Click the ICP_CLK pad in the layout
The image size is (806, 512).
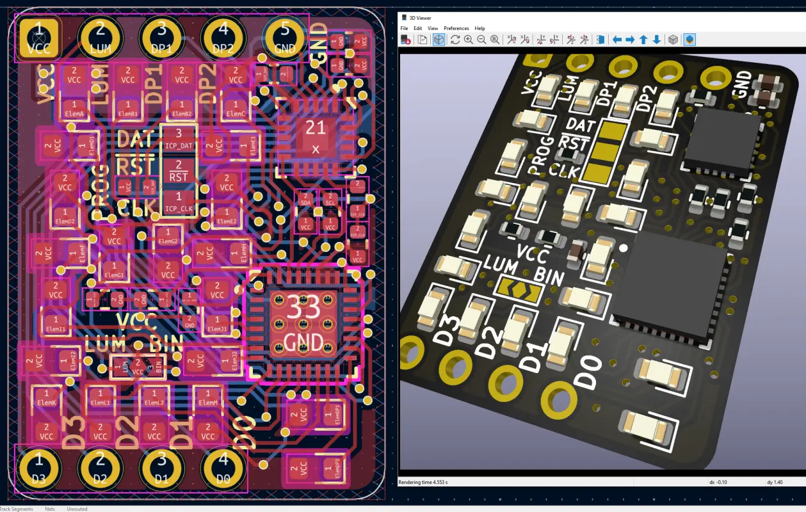(x=179, y=202)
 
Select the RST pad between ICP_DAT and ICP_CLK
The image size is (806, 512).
(x=179, y=171)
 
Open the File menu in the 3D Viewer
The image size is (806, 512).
(x=404, y=28)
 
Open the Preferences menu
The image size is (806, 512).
(x=456, y=28)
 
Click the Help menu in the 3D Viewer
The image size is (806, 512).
(x=480, y=28)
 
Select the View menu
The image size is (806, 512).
(x=433, y=28)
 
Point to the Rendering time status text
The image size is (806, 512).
(x=423, y=482)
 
